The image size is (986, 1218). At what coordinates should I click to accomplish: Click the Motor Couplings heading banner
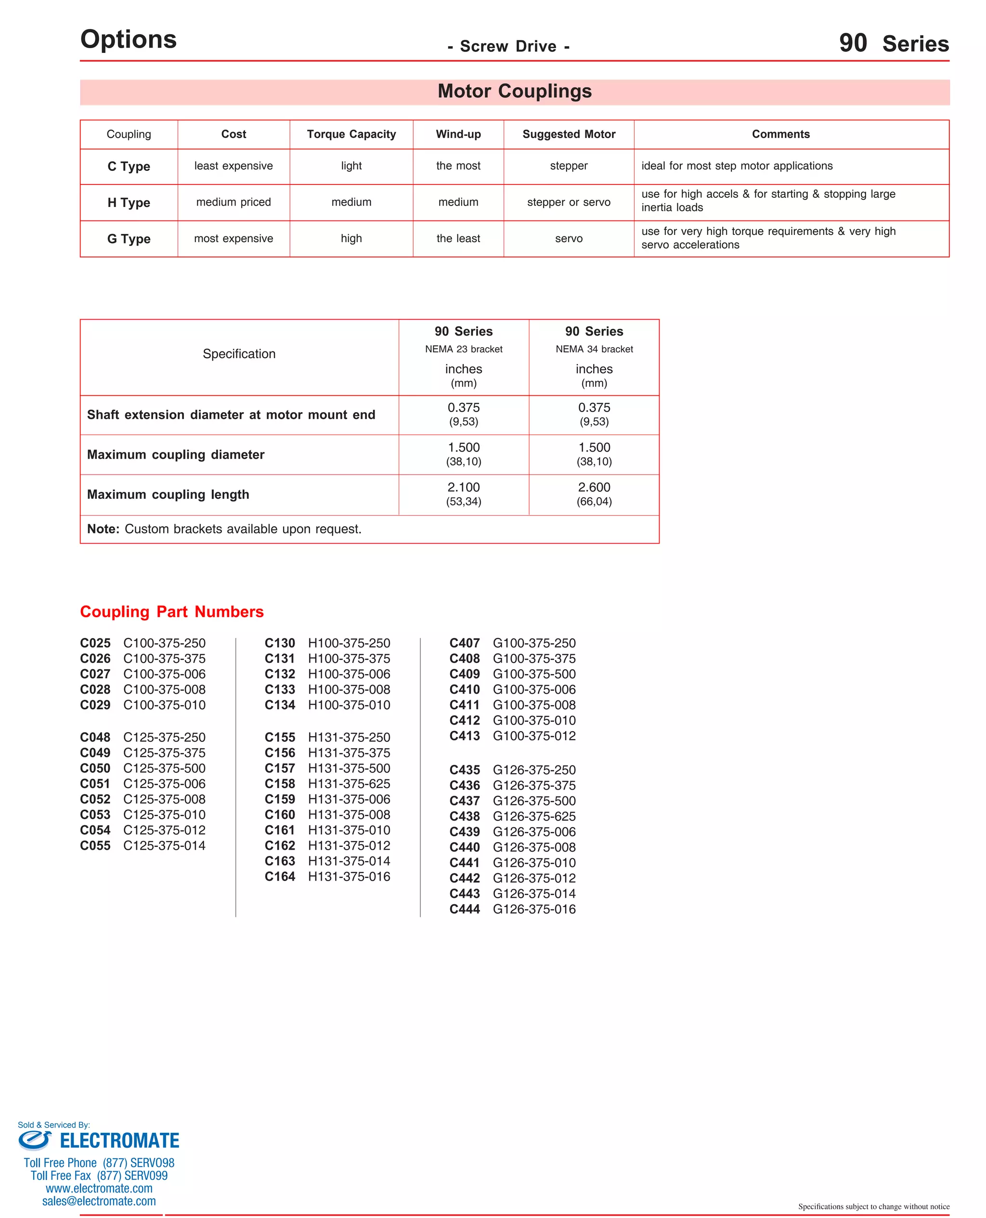(x=514, y=91)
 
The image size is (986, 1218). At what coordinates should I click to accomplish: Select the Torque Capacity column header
(x=351, y=134)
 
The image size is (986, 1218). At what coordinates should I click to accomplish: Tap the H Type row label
(x=129, y=203)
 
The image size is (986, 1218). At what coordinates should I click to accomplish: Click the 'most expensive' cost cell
(x=234, y=238)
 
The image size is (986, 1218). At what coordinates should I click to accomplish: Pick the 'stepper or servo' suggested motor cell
(x=569, y=202)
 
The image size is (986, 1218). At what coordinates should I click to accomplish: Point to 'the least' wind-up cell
(x=458, y=238)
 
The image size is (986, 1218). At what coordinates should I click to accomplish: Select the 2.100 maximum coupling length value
(x=464, y=487)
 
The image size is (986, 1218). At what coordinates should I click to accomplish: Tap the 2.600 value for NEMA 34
(x=594, y=487)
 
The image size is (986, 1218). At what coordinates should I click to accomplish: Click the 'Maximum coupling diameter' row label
(x=176, y=455)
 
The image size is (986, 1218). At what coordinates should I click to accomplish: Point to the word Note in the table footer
(x=103, y=529)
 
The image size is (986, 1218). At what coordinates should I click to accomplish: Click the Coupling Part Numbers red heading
(x=171, y=611)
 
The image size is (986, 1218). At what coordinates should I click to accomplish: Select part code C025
(x=95, y=643)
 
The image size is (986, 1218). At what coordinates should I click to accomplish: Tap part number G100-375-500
(x=534, y=674)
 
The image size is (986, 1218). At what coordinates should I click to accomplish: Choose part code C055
(x=95, y=845)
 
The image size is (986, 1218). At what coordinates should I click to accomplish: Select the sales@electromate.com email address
(x=99, y=1201)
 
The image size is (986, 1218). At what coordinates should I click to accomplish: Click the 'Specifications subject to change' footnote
(x=873, y=1206)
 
